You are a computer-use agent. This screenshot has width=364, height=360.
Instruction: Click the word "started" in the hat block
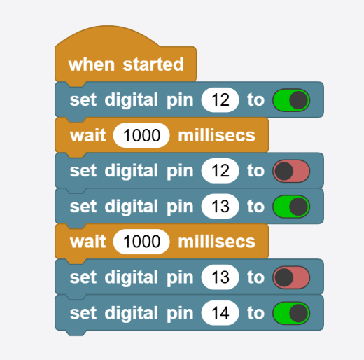pyautogui.click(x=153, y=64)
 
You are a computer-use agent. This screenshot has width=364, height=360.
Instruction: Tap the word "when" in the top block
pyautogui.click(x=92, y=64)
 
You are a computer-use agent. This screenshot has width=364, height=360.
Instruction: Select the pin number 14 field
pyautogui.click(x=220, y=313)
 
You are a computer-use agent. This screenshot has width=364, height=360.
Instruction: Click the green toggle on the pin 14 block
pyautogui.click(x=291, y=313)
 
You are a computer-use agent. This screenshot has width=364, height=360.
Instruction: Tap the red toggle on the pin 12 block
pyautogui.click(x=291, y=171)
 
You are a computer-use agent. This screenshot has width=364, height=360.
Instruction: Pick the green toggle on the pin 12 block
pyautogui.click(x=291, y=100)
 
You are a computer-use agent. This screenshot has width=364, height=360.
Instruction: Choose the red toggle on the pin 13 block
pyautogui.click(x=291, y=277)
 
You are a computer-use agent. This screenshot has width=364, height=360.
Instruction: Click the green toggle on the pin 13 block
pyautogui.click(x=291, y=207)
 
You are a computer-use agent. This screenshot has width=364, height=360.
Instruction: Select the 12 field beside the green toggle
pyautogui.click(x=220, y=100)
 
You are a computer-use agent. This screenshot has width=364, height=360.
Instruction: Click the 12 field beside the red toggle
pyautogui.click(x=220, y=171)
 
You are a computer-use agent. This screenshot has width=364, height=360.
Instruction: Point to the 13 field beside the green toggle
pyautogui.click(x=220, y=206)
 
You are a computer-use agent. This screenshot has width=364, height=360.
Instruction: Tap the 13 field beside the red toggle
pyautogui.click(x=220, y=277)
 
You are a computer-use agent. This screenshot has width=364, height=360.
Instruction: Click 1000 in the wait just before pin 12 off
pyautogui.click(x=141, y=135)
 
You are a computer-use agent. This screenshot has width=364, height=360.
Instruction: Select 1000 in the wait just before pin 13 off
pyautogui.click(x=141, y=242)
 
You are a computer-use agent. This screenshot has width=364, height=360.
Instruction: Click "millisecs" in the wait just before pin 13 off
pyautogui.click(x=217, y=242)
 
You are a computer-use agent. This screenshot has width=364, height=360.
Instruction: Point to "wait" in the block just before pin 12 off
pyautogui.click(x=87, y=135)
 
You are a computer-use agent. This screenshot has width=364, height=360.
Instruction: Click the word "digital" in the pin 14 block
pyautogui.click(x=132, y=313)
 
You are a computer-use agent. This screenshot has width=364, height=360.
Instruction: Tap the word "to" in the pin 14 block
pyautogui.click(x=256, y=313)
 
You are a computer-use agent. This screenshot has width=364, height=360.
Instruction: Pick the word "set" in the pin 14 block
pyautogui.click(x=83, y=313)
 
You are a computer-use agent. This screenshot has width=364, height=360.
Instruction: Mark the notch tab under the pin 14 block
pyautogui.click(x=76, y=333)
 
